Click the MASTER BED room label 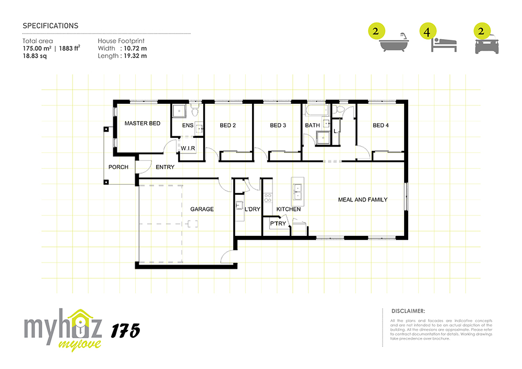point(142,124)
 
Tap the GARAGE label point(201,209)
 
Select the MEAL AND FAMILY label point(363,200)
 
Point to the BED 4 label point(381,125)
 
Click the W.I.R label point(188,148)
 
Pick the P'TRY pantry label point(278,223)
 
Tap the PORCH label point(118,167)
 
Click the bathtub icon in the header point(394,42)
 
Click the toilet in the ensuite point(195,110)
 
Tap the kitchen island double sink point(297,192)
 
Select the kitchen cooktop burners point(268,198)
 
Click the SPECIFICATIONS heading point(51,26)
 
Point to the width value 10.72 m point(135,49)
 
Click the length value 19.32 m point(135,56)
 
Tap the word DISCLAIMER point(408,311)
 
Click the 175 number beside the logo point(125,331)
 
